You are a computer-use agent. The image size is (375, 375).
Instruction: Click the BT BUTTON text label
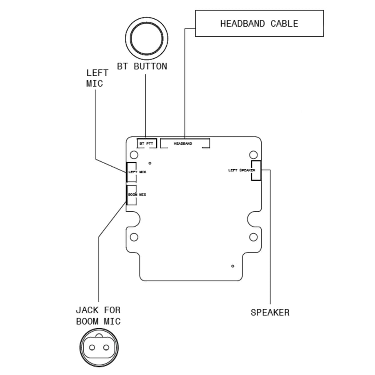142,67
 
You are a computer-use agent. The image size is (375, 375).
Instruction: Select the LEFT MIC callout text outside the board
97,78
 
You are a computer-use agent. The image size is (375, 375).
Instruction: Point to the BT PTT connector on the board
147,143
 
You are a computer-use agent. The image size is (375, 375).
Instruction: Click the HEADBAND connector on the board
185,143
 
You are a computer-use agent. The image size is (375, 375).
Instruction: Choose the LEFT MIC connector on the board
131,172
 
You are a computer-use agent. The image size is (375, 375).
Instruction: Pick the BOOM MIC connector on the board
131,195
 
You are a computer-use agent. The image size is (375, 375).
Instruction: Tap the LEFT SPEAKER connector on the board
256,170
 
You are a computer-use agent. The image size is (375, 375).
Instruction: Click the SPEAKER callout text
270,312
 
